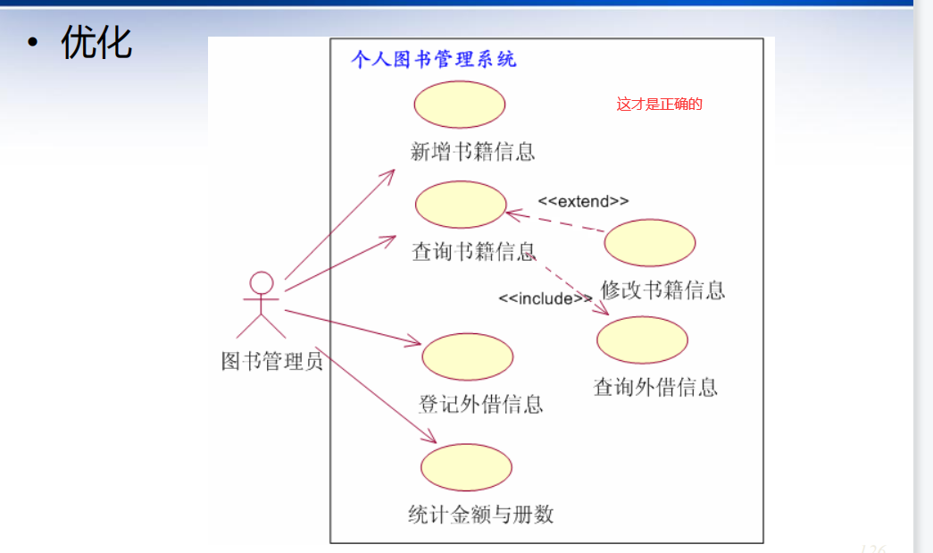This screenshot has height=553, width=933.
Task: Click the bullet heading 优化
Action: [x=96, y=42]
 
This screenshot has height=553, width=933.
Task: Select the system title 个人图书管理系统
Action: [x=434, y=60]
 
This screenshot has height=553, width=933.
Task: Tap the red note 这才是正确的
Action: [x=659, y=105]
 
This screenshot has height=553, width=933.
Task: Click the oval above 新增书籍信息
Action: [x=460, y=105]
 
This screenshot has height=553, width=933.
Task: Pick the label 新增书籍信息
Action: [x=472, y=151]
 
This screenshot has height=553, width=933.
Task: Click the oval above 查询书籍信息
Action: [x=461, y=205]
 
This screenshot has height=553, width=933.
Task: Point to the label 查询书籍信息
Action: [x=473, y=251]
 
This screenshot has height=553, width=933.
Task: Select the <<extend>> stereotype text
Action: [x=583, y=201]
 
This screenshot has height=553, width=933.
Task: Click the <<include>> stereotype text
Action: [x=545, y=298]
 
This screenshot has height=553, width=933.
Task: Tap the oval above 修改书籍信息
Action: [x=650, y=243]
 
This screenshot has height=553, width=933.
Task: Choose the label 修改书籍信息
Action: [x=662, y=289]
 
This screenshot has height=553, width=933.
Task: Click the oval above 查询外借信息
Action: [x=642, y=340]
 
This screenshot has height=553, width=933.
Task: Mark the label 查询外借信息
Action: [x=655, y=387]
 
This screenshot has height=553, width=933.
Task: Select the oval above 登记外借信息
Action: [x=467, y=357]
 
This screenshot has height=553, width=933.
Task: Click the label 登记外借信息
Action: [x=480, y=404]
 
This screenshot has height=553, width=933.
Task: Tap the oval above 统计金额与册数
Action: [x=466, y=467]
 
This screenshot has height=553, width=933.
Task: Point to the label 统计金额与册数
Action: [x=480, y=514]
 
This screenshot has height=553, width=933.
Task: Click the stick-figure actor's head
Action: [x=261, y=283]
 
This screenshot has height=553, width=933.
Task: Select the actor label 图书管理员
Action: [x=271, y=360]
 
